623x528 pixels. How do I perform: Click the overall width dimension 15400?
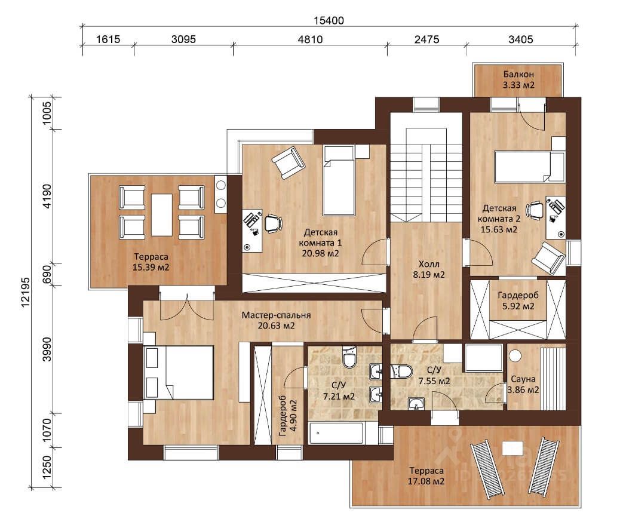pos(329,20)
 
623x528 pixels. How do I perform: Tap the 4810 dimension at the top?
pos(311,39)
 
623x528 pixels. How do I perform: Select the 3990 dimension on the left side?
pos(47,349)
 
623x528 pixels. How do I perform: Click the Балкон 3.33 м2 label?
pos(518,79)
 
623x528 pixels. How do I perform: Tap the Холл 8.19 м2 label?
pos(429,269)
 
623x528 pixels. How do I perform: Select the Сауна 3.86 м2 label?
pos(523,385)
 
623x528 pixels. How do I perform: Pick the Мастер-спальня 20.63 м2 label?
pos(276,320)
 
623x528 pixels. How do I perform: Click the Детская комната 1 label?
pos(320,237)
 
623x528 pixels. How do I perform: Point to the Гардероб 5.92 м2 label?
pos(518,301)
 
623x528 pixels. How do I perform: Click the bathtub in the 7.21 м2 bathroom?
pos(336,433)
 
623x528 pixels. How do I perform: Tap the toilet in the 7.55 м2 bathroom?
pos(401,372)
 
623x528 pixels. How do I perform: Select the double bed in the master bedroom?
pos(179,372)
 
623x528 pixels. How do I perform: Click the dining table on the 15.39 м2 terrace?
pos(162,215)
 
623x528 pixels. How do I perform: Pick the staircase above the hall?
pos(426,175)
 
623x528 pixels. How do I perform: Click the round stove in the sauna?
pos(515,355)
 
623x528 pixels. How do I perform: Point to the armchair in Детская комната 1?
pos(289,162)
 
